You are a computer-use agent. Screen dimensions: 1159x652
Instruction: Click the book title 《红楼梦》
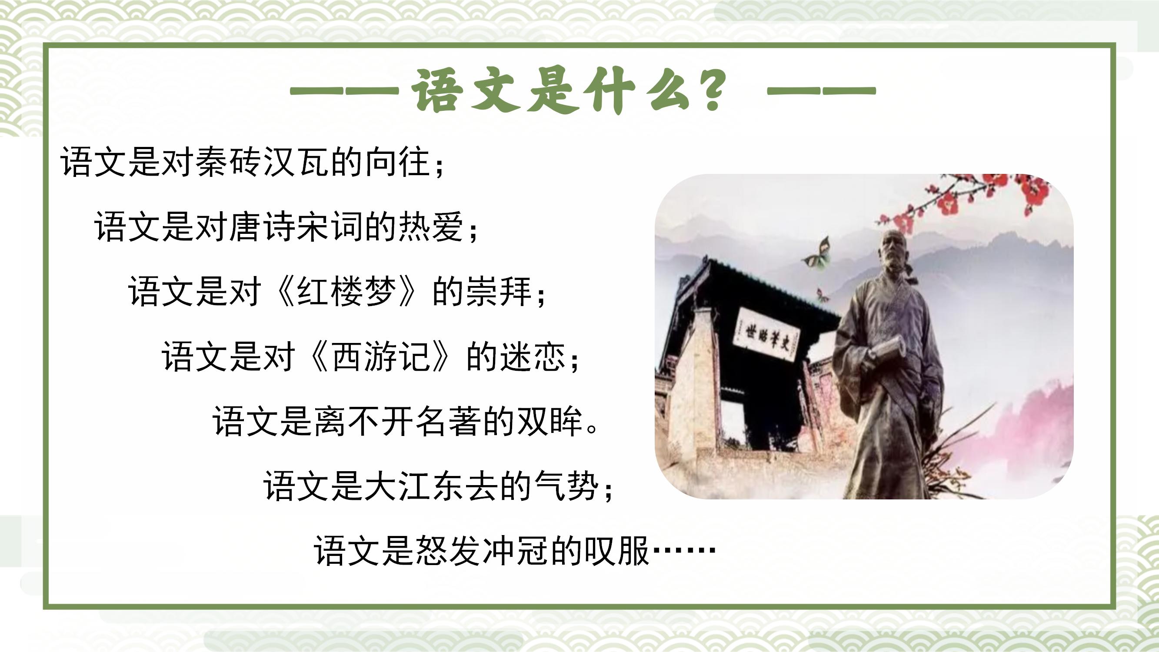click(346, 291)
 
